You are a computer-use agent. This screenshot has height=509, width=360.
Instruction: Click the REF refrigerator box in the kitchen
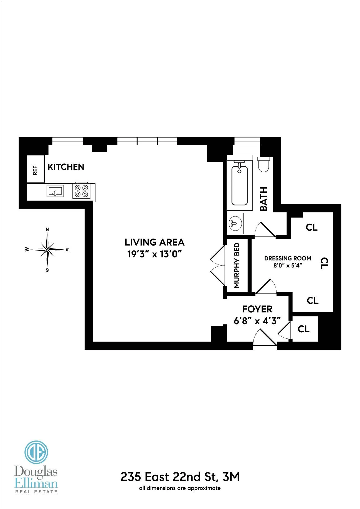coord(36,169)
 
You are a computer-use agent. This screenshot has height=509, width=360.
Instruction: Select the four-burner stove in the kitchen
coord(82,191)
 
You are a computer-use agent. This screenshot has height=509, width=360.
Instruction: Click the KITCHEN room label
coord(66,167)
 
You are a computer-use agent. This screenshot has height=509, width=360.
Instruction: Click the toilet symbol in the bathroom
coord(263,165)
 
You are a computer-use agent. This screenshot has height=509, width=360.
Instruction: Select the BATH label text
coord(264,199)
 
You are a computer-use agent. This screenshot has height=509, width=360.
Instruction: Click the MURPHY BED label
coord(237,265)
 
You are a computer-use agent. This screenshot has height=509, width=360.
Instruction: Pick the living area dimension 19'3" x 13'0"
coord(154,254)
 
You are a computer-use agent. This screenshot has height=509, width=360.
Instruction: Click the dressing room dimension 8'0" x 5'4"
coord(288,265)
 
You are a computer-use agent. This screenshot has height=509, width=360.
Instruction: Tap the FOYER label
coord(257,309)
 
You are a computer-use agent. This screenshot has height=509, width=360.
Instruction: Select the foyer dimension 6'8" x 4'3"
coord(257,321)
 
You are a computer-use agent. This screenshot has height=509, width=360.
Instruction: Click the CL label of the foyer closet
coord(303,329)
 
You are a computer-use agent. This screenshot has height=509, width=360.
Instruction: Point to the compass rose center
coord(47,250)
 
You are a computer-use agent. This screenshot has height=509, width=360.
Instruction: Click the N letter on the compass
coord(47,229)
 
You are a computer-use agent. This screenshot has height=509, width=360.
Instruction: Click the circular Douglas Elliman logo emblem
coord(36,452)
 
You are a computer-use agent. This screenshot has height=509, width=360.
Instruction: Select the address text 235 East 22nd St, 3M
coord(180,477)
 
